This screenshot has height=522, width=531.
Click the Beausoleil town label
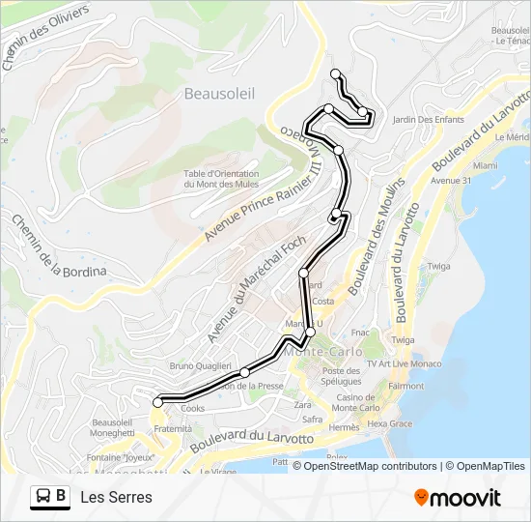[x=218, y=94]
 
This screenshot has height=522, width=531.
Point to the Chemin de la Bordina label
[x=57, y=246]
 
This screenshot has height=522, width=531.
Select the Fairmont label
[x=405, y=386]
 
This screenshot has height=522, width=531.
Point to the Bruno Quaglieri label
[x=201, y=366]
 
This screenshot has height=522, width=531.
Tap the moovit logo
[x=457, y=498]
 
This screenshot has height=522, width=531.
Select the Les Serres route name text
[x=117, y=498]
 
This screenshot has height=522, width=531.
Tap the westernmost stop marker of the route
[x=157, y=402]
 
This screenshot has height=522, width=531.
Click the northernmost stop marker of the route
[x=335, y=74]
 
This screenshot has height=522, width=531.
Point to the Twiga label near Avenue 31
[x=439, y=266]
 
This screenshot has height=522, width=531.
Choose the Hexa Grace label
[x=390, y=423]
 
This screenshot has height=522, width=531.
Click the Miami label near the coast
[x=485, y=165]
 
